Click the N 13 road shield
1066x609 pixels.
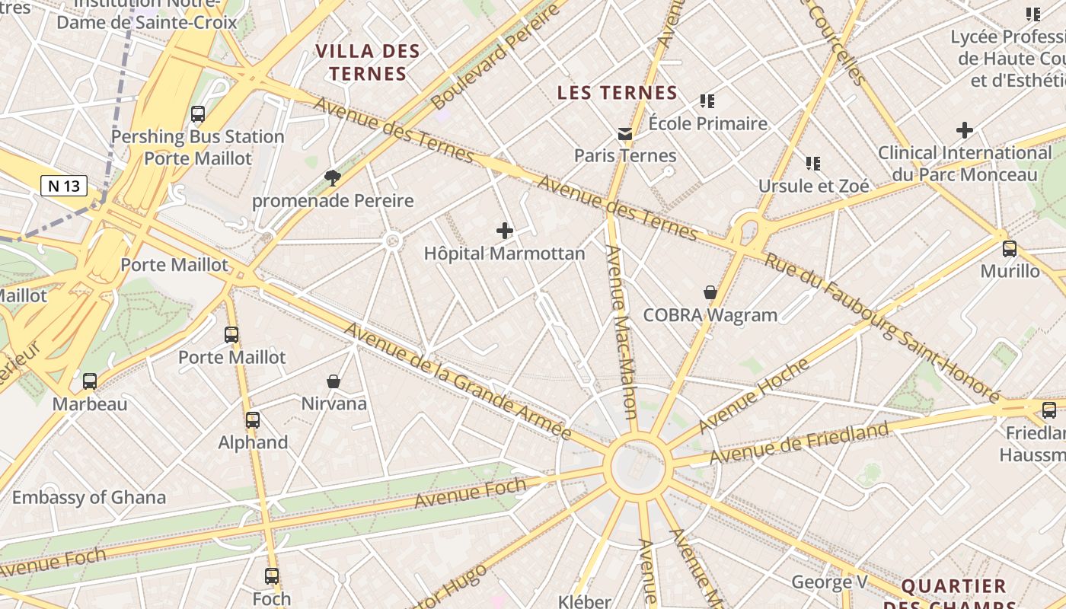(64, 186)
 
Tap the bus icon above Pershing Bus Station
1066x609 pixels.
(198, 114)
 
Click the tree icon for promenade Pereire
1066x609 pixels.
(332, 178)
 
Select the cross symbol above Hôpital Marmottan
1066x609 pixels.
(504, 231)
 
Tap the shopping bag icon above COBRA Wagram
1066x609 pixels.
(710, 292)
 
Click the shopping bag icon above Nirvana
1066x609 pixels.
(333, 381)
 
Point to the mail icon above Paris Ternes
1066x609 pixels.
(625, 134)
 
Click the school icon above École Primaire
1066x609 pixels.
(707, 100)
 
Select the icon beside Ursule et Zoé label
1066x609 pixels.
(813, 163)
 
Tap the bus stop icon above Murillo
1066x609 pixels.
(1010, 248)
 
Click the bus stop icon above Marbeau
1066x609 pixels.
(90, 381)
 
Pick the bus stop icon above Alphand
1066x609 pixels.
(253, 419)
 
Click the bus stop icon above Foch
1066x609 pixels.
(272, 576)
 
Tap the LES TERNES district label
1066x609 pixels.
(617, 93)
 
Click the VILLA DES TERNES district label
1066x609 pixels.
(368, 62)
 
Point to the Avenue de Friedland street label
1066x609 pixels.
(799, 443)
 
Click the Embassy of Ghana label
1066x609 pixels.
(89, 498)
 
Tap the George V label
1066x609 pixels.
(829, 582)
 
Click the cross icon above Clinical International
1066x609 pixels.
(965, 130)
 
